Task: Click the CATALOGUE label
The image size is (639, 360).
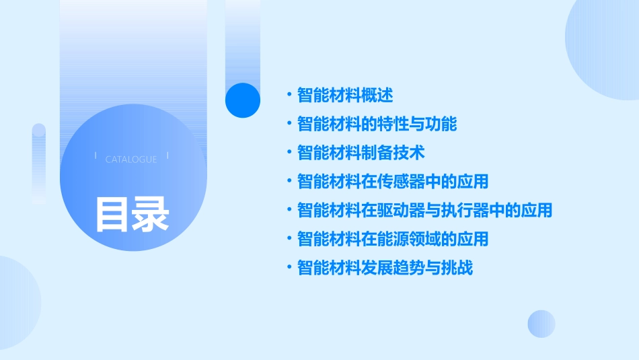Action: (x=131, y=159)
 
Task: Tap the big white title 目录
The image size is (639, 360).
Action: (x=132, y=214)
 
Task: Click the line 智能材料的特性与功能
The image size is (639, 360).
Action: (x=377, y=124)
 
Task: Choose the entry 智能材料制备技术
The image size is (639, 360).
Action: (x=361, y=153)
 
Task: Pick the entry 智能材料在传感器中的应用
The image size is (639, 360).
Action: (x=393, y=182)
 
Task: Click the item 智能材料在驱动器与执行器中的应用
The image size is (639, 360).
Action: (x=424, y=211)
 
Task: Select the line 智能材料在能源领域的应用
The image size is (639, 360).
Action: (x=393, y=239)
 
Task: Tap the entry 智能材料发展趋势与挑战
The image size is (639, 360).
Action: (x=385, y=268)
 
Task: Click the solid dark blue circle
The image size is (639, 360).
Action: (x=243, y=100)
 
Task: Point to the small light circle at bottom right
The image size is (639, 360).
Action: (x=541, y=324)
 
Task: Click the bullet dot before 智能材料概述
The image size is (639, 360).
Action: (x=289, y=95)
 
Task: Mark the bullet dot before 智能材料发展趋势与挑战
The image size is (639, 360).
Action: (x=289, y=268)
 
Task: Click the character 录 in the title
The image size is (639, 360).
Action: (x=151, y=214)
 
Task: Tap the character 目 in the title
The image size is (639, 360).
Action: (x=112, y=214)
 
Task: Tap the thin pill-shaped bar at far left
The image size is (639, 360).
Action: (x=38, y=161)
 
